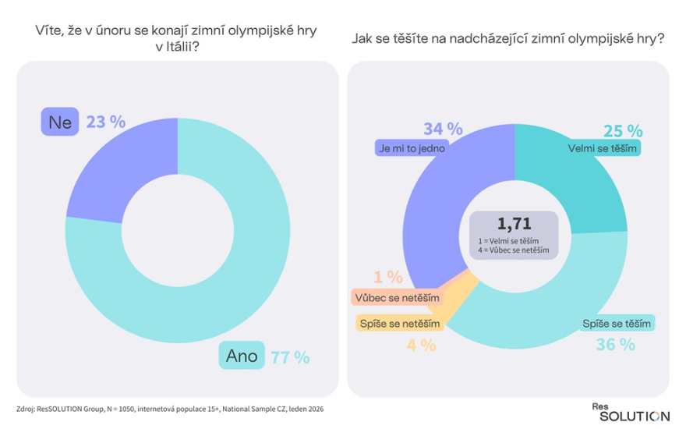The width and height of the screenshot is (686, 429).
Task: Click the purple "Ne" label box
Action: (x=60, y=122)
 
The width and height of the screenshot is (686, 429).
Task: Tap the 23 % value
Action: (x=107, y=122)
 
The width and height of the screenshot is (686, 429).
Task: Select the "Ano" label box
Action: (x=242, y=356)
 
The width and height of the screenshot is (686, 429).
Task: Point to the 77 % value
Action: (x=290, y=357)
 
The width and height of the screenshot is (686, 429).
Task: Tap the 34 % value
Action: (x=442, y=129)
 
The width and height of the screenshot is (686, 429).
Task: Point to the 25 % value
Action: (x=623, y=130)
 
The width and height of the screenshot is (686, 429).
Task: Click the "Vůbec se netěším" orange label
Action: (x=396, y=297)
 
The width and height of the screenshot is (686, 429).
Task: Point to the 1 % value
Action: (x=387, y=277)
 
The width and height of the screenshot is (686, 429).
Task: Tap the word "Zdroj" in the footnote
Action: (x=27, y=409)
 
